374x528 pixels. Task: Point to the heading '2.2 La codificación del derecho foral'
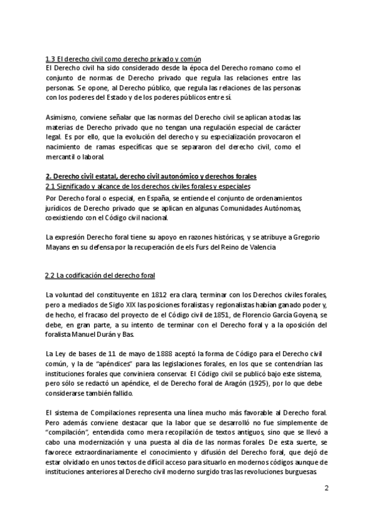tap(100, 275)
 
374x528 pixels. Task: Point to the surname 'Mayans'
tap(60, 247)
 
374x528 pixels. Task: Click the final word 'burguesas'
tap(297, 472)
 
